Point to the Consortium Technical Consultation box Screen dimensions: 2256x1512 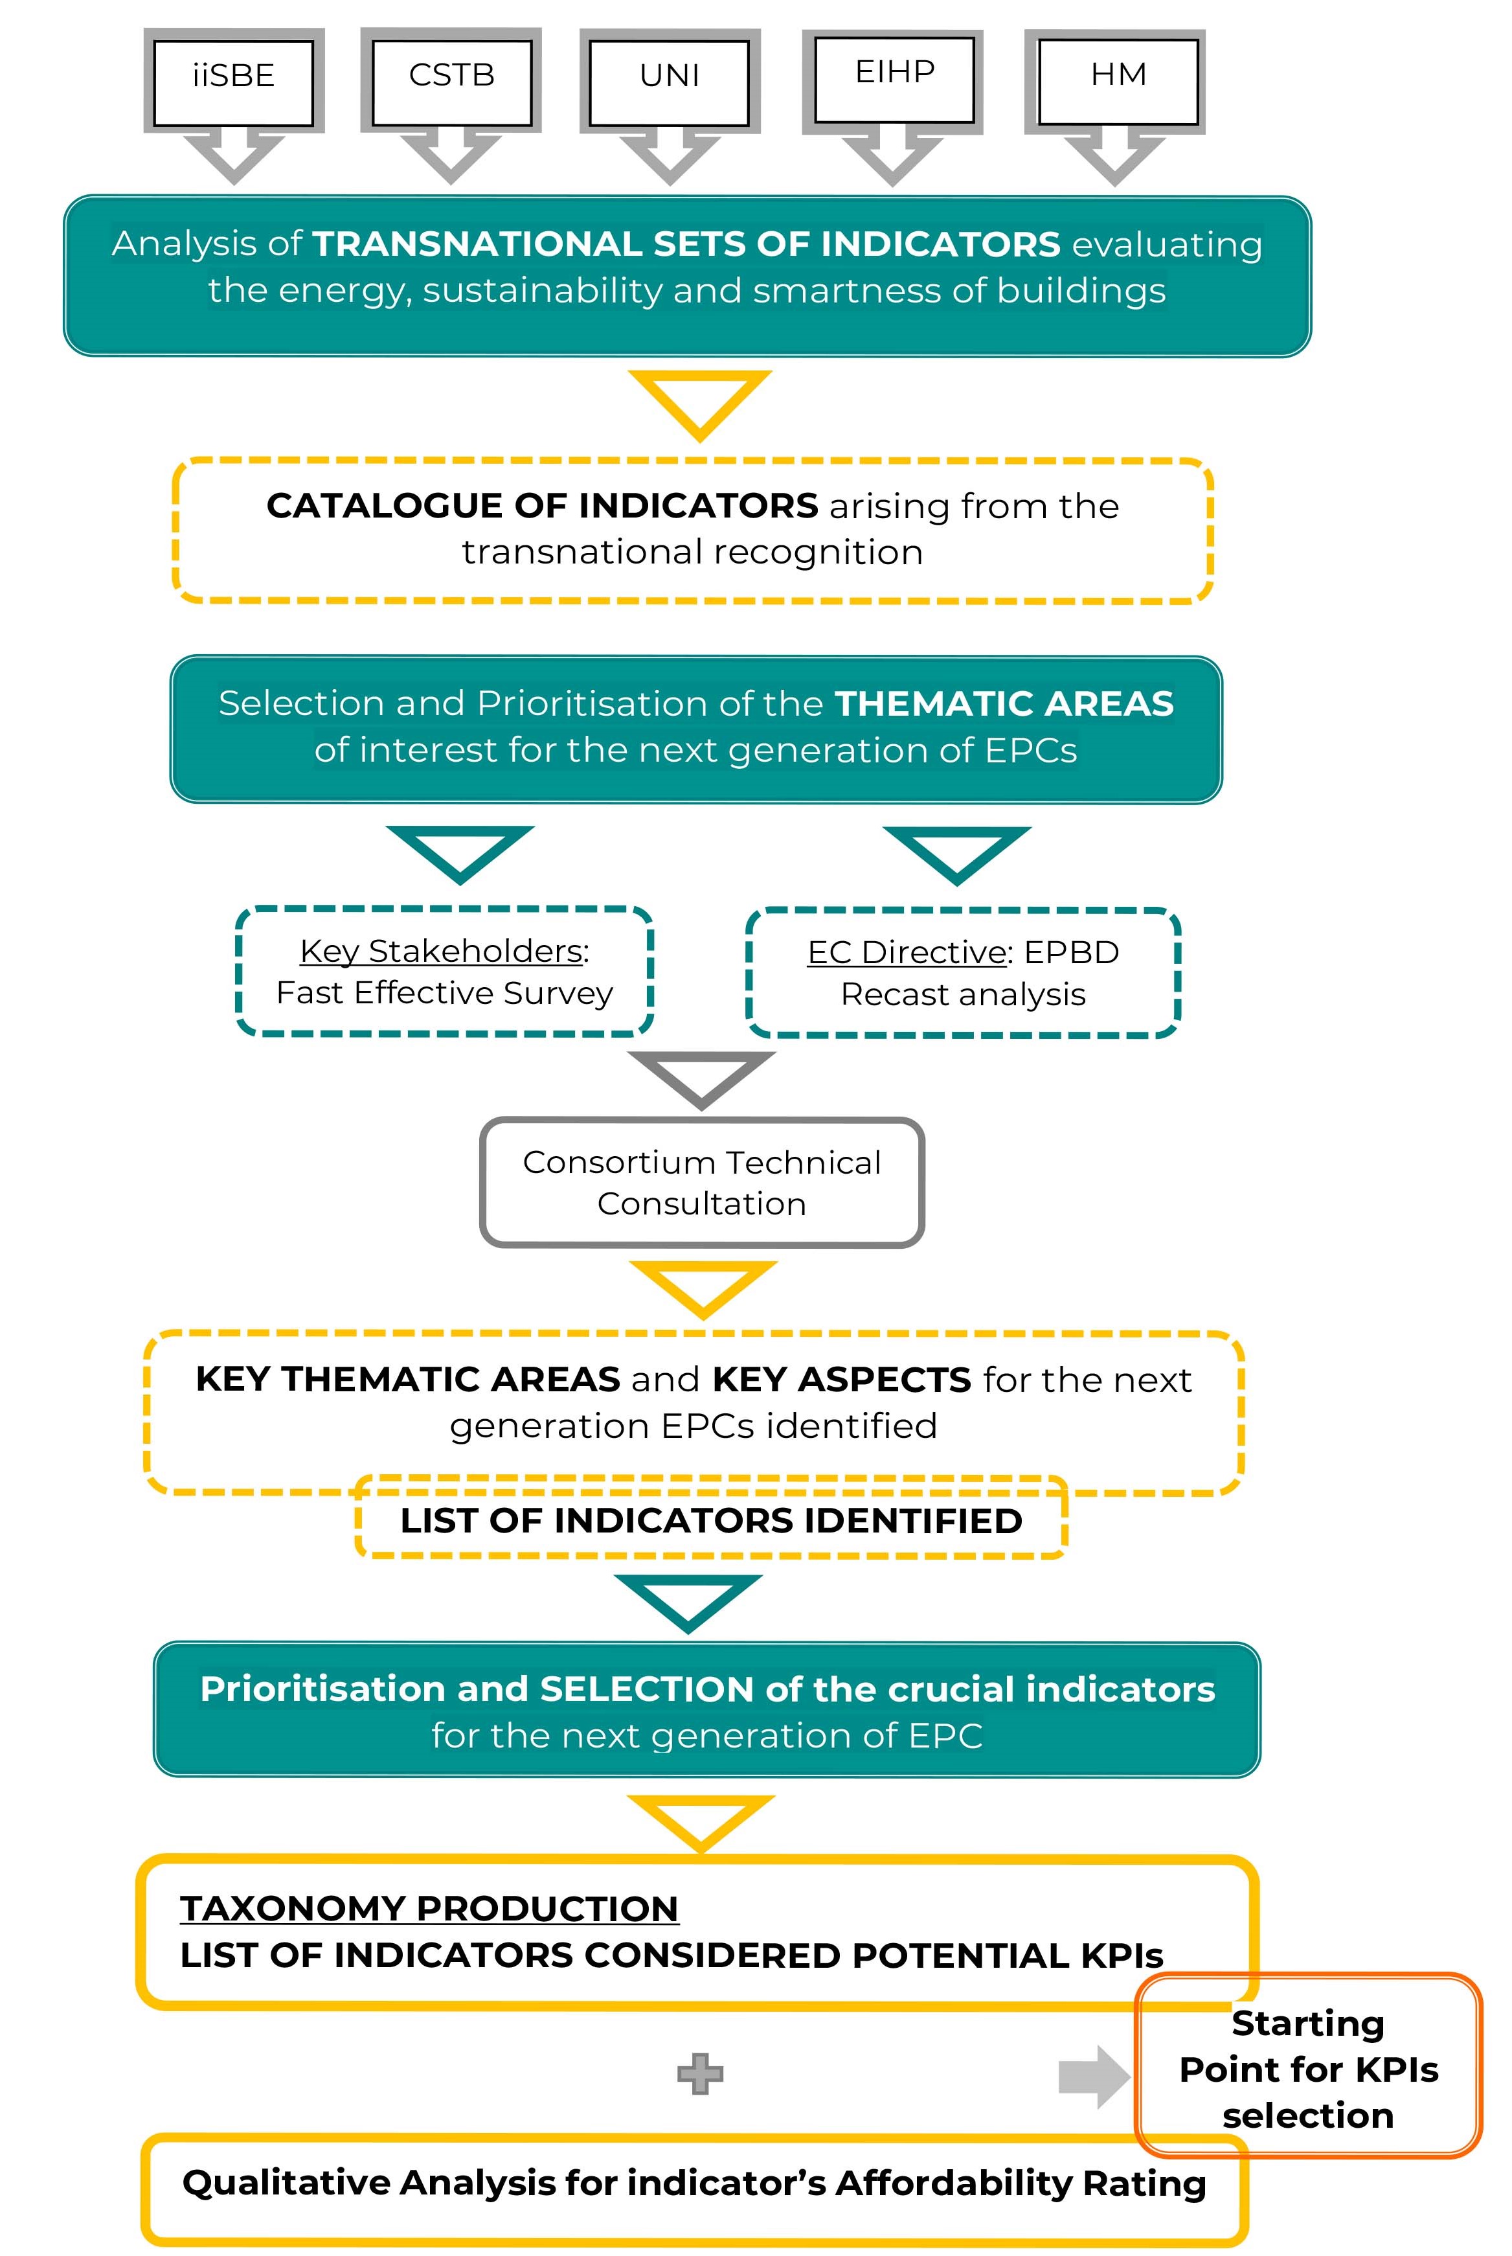(702, 1183)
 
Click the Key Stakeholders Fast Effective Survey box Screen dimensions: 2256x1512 (445, 972)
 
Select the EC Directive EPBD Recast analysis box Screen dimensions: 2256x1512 (962, 972)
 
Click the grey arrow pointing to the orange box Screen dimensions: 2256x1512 (1092, 2077)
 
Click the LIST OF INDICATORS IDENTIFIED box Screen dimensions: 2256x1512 (711, 1521)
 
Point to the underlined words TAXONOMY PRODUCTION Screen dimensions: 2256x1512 (429, 1909)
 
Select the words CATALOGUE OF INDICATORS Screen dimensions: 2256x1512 (542, 507)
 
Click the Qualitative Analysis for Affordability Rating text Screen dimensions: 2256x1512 (694, 2183)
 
